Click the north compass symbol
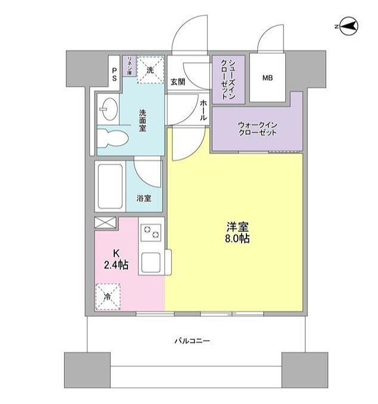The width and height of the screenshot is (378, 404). (346, 26)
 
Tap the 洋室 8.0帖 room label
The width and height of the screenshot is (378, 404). (237, 232)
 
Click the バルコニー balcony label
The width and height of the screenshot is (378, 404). (192, 341)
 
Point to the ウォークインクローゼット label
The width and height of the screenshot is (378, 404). (257, 128)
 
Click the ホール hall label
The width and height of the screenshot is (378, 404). (203, 111)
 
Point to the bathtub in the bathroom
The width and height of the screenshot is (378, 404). (110, 185)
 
